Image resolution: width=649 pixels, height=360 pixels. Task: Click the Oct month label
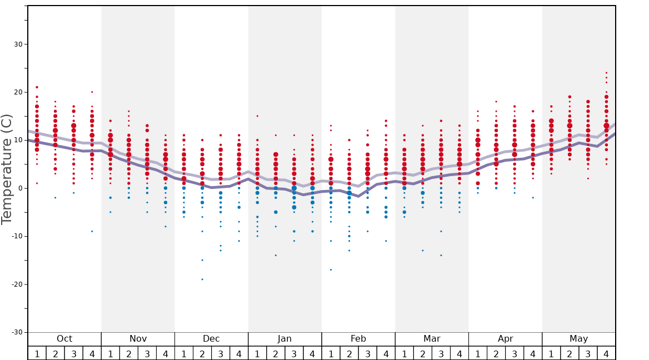(x=64, y=339)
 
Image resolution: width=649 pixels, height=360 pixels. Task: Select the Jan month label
(x=284, y=339)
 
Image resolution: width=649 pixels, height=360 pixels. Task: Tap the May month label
(x=578, y=339)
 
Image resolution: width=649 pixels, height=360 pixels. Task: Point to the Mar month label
(x=432, y=339)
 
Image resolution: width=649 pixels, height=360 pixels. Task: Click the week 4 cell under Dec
(x=239, y=353)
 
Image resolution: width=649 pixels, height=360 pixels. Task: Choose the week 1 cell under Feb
(x=331, y=353)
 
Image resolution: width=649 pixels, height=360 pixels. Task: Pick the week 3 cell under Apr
(x=515, y=353)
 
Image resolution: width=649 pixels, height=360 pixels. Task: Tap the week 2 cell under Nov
(x=129, y=353)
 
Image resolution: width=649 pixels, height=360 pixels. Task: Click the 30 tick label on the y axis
(x=17, y=44)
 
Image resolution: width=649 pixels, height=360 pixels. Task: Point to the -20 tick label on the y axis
(x=15, y=284)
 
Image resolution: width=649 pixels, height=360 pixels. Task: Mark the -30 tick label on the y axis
(x=15, y=332)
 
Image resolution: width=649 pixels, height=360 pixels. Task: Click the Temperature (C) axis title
(x=7, y=169)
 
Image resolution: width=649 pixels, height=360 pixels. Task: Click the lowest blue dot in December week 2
(x=202, y=279)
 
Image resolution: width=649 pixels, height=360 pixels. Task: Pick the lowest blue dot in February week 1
(x=331, y=270)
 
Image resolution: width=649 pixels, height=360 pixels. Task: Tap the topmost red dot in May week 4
(x=606, y=73)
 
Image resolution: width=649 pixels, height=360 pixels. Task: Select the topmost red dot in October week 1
(x=37, y=87)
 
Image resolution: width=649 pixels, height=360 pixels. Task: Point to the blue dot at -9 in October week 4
(x=92, y=231)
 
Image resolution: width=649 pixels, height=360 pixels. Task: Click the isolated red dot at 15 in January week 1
(x=257, y=116)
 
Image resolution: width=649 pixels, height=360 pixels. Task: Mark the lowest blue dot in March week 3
(x=441, y=256)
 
